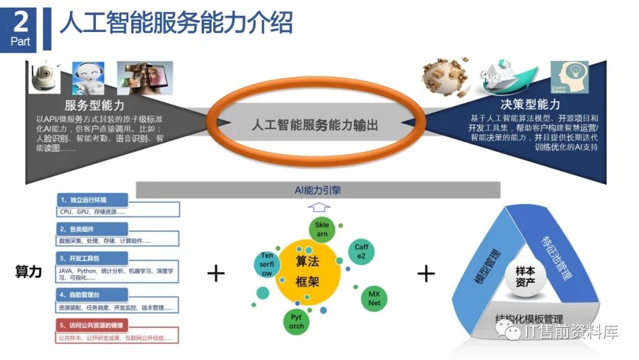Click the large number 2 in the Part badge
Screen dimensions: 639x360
(20, 22)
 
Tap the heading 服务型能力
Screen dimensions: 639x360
(95, 105)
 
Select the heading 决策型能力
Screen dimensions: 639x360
(530, 105)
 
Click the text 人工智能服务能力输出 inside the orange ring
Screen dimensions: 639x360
(315, 125)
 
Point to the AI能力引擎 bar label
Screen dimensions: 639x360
(318, 190)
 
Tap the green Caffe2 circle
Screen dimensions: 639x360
(361, 251)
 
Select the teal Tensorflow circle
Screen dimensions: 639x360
(267, 265)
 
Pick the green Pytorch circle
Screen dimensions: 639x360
(296, 322)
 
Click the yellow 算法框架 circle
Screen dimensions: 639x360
(307, 271)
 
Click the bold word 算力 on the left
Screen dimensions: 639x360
(28, 272)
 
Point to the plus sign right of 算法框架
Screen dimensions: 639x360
(426, 273)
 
